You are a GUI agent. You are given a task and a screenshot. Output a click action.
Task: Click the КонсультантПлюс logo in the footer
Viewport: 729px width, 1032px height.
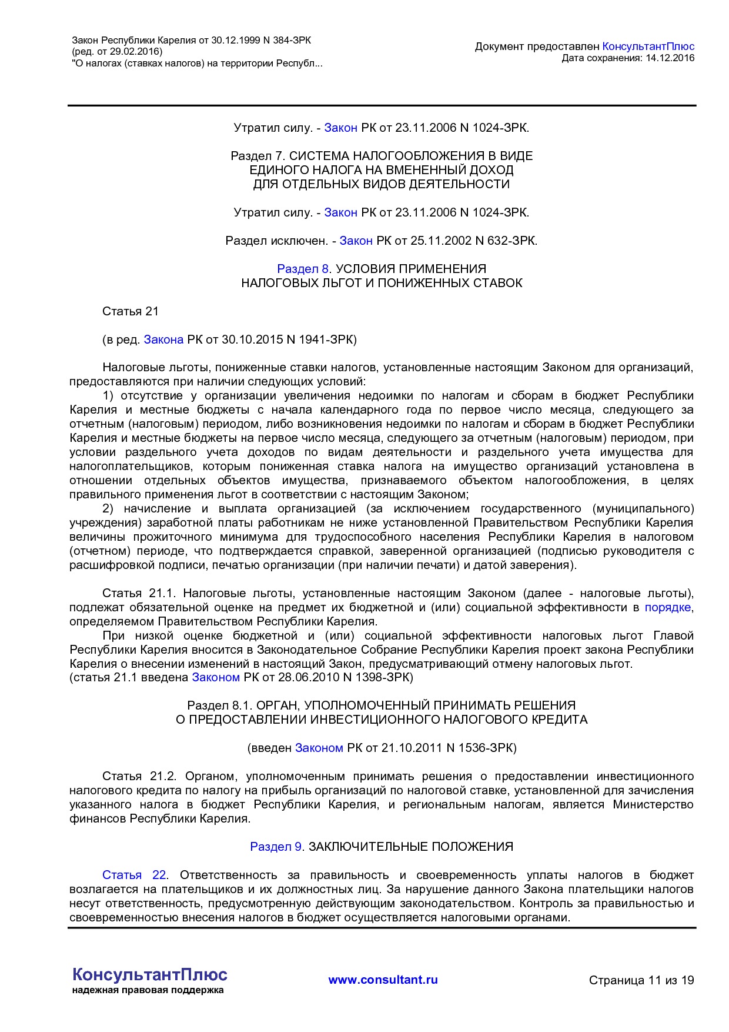tap(149, 974)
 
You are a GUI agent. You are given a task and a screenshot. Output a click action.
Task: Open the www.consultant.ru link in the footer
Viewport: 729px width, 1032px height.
tap(383, 980)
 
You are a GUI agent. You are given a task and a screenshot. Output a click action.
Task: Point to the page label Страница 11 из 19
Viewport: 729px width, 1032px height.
tap(641, 980)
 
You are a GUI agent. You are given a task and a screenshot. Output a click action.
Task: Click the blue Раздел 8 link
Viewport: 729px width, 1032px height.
tap(303, 269)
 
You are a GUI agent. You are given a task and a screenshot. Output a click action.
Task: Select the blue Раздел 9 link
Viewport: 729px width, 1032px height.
tap(276, 847)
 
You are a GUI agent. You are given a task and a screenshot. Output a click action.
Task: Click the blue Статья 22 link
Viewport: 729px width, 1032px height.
tap(134, 875)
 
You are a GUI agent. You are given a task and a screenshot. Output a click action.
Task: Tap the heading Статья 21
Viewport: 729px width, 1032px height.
tap(131, 311)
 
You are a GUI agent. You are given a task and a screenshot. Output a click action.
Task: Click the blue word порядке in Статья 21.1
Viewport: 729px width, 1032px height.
tap(668, 607)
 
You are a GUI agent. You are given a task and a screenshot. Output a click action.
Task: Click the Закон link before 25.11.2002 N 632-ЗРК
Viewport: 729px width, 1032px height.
tap(356, 241)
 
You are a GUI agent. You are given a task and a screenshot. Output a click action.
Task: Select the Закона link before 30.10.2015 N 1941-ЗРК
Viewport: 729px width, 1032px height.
tap(163, 339)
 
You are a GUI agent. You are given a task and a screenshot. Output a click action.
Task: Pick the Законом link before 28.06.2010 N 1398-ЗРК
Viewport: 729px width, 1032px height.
tap(216, 677)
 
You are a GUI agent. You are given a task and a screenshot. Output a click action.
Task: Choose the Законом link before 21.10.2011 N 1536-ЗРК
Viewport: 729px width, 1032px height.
tap(319, 748)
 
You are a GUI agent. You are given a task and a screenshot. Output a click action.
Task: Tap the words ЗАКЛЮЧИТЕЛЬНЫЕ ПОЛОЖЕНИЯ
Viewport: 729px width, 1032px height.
tap(410, 847)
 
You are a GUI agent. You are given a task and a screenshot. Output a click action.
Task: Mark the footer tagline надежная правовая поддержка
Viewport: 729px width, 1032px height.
tap(148, 990)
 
